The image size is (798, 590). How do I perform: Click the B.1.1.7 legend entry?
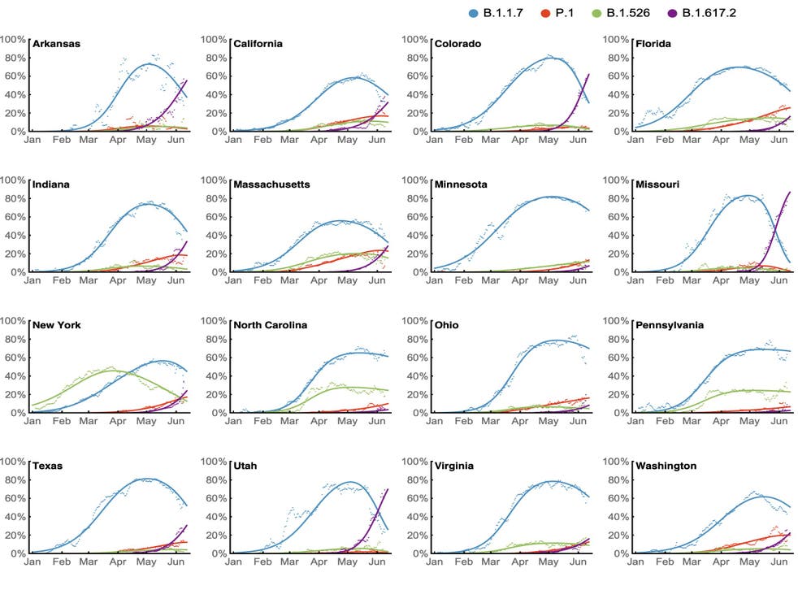[x=504, y=13]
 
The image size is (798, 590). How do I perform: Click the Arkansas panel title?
[x=58, y=43]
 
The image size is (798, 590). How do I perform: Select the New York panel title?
[x=57, y=325]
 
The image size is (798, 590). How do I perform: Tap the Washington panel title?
[x=666, y=466]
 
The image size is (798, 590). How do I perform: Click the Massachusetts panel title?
[x=271, y=184]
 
